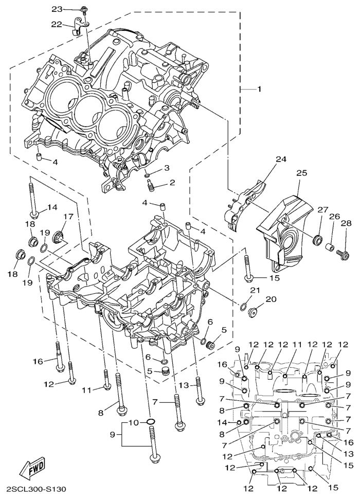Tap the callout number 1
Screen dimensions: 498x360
[259, 89]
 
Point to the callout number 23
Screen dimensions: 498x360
[57, 9]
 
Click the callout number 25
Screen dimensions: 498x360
[301, 173]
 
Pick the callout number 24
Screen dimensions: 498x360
[280, 159]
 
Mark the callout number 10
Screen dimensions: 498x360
[133, 422]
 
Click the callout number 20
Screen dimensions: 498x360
[271, 299]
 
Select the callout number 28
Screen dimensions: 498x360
[345, 223]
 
